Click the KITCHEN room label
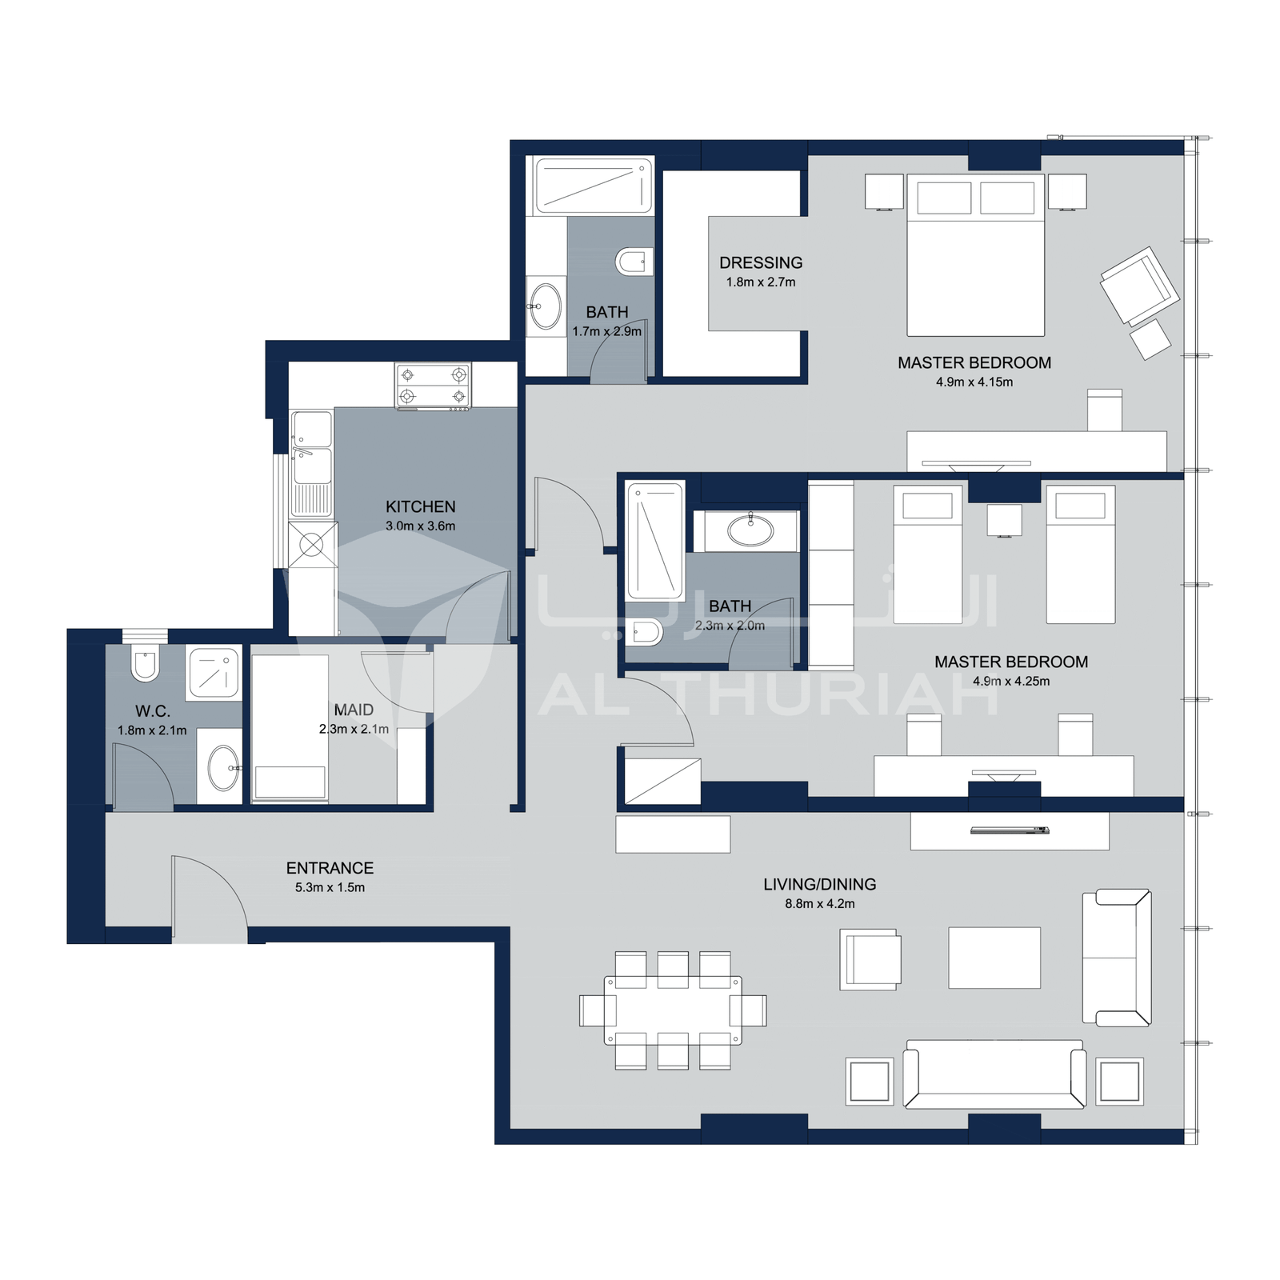(420, 506)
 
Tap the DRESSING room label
(761, 262)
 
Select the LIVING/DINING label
(819, 884)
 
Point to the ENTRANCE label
(330, 868)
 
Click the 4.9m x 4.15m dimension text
(974, 382)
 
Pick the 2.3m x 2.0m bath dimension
(730, 626)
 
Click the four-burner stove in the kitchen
(433, 386)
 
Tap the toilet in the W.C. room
(145, 662)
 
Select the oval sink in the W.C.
(224, 767)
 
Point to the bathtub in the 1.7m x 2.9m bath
(593, 186)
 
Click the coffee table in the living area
(994, 958)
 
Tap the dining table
(673, 1010)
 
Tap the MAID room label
(354, 710)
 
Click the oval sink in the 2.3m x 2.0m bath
(750, 530)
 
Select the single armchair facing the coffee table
(870, 959)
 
